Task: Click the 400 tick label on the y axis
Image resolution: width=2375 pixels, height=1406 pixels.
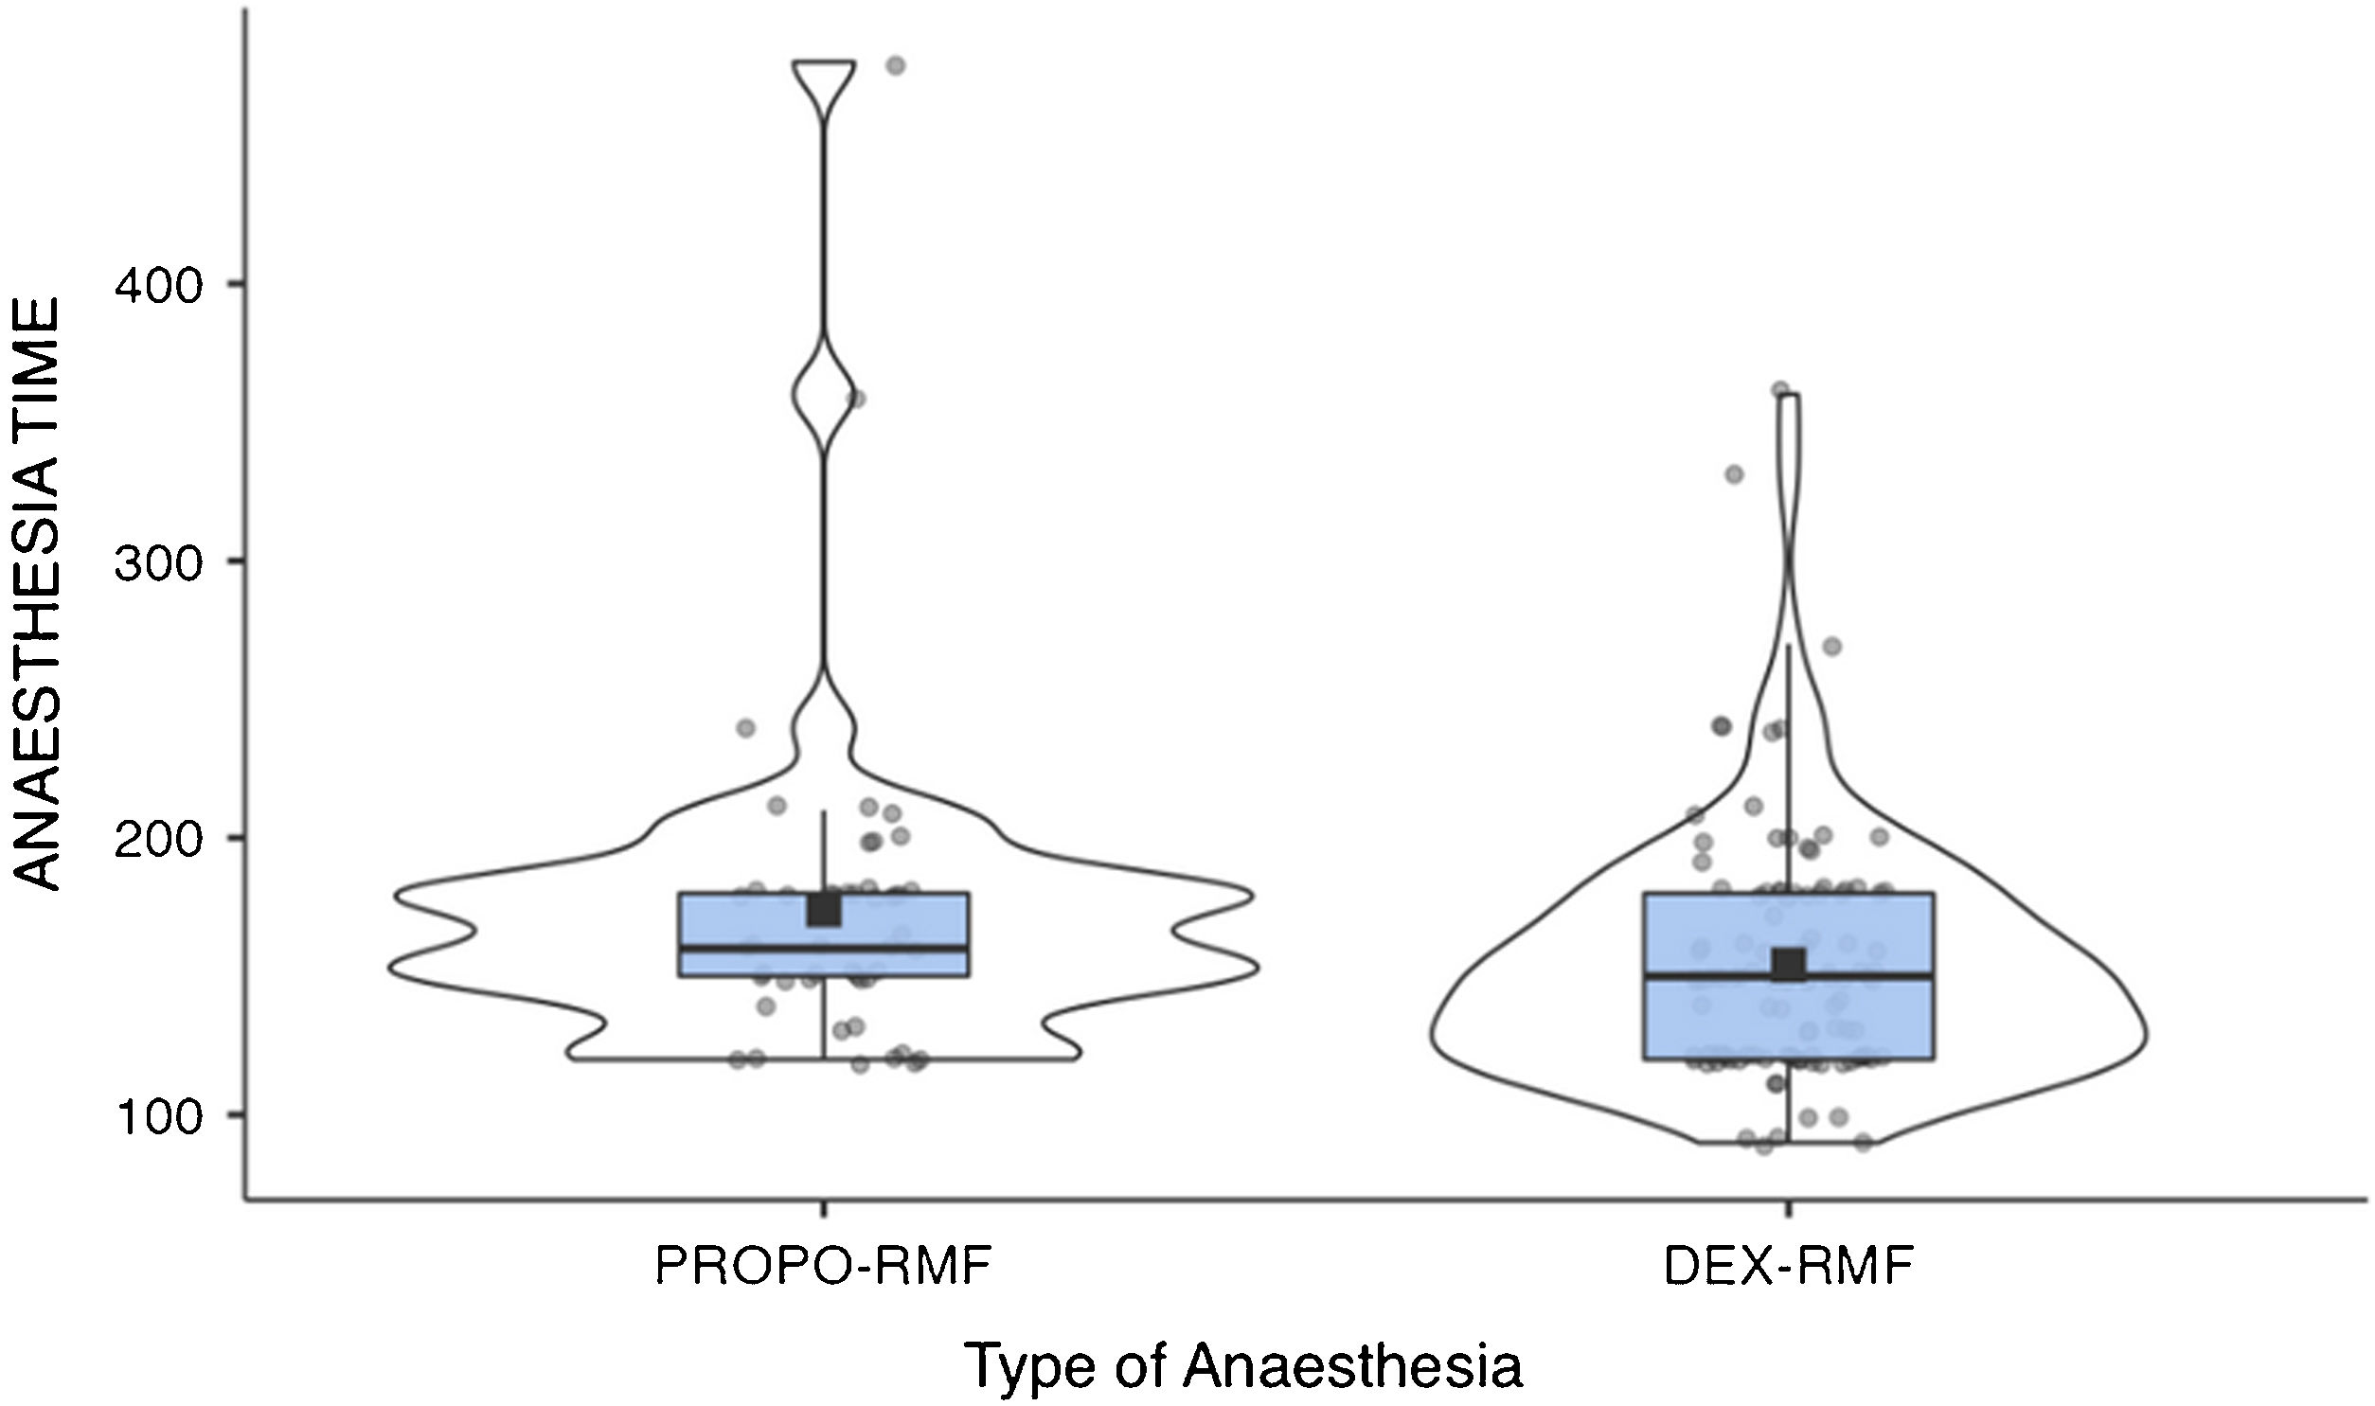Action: (x=158, y=284)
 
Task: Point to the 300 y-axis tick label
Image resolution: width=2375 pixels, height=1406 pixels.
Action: (x=158, y=562)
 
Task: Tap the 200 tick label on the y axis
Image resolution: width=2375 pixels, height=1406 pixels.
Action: (x=158, y=841)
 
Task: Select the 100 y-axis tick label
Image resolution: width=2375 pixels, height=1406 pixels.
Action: (x=158, y=1118)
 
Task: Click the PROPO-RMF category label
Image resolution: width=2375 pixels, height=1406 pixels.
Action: (x=822, y=1267)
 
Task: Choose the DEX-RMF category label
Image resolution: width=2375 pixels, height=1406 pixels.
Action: (x=1789, y=1267)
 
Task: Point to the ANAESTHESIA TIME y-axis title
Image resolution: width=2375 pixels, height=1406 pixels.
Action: (x=40, y=594)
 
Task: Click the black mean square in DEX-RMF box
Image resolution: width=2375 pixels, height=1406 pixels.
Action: (x=1790, y=965)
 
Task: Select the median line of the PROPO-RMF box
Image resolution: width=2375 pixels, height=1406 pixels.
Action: (x=824, y=948)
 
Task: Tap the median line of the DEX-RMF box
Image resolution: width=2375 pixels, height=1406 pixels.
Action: (x=1789, y=976)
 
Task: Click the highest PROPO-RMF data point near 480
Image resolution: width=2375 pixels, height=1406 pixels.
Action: (x=895, y=65)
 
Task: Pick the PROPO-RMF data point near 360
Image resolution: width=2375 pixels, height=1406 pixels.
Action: (x=855, y=399)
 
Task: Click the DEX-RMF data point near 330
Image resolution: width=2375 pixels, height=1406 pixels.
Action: (x=1735, y=474)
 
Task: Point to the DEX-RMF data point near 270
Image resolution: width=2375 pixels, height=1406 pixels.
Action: (x=1832, y=647)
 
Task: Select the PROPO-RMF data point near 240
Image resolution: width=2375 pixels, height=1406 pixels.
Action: (x=745, y=729)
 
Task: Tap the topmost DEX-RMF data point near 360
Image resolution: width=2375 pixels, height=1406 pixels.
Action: (x=1780, y=389)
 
